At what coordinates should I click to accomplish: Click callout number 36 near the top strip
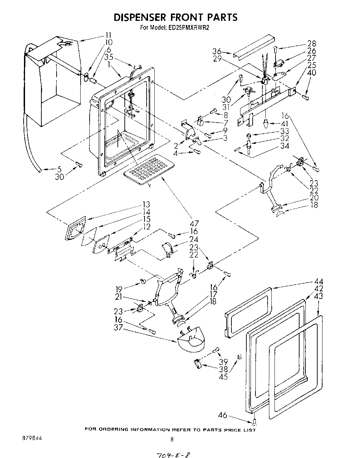tap(217, 52)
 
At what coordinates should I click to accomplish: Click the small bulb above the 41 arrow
tap(265, 123)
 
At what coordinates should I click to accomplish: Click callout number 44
tap(319, 282)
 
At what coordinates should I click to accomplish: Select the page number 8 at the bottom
tap(172, 439)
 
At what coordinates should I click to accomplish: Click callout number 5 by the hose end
tap(59, 169)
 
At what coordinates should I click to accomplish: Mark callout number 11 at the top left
tap(109, 35)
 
